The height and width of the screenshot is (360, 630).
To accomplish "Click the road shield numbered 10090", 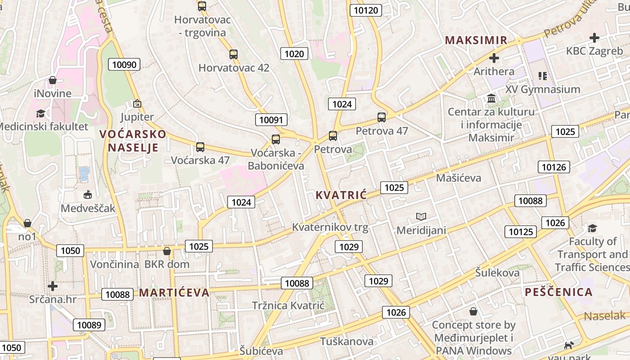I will pyautogui.click(x=124, y=64).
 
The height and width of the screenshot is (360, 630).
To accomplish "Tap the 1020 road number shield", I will pyautogui.click(x=294, y=54).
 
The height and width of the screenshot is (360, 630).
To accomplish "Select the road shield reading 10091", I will pyautogui.click(x=271, y=120).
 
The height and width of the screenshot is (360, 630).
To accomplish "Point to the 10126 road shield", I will pyautogui.click(x=554, y=167).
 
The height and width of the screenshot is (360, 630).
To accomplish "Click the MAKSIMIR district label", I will pyautogui.click(x=476, y=40).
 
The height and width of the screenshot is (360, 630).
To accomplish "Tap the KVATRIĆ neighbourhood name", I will pyautogui.click(x=341, y=195).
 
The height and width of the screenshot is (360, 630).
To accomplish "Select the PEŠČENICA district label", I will pyautogui.click(x=558, y=292).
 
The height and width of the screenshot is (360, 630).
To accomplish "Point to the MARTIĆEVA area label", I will pyautogui.click(x=174, y=293).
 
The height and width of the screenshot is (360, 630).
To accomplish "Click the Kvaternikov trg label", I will pyautogui.click(x=330, y=227).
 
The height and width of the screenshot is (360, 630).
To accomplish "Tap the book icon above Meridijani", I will pyautogui.click(x=421, y=216).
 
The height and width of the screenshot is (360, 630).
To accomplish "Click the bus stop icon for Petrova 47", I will pyautogui.click(x=382, y=117).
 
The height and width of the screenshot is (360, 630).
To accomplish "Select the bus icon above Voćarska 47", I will pyautogui.click(x=200, y=147).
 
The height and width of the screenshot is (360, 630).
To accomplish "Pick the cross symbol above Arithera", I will pyautogui.click(x=494, y=58).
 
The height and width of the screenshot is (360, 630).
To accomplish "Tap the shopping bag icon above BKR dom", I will pyautogui.click(x=167, y=251).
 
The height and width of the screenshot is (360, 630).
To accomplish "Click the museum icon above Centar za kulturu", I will pyautogui.click(x=491, y=98).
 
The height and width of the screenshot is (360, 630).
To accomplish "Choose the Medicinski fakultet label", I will pyautogui.click(x=44, y=126).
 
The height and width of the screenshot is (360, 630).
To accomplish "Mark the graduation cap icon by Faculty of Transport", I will pyautogui.click(x=592, y=229).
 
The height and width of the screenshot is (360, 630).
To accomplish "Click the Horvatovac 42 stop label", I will pyautogui.click(x=234, y=68).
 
